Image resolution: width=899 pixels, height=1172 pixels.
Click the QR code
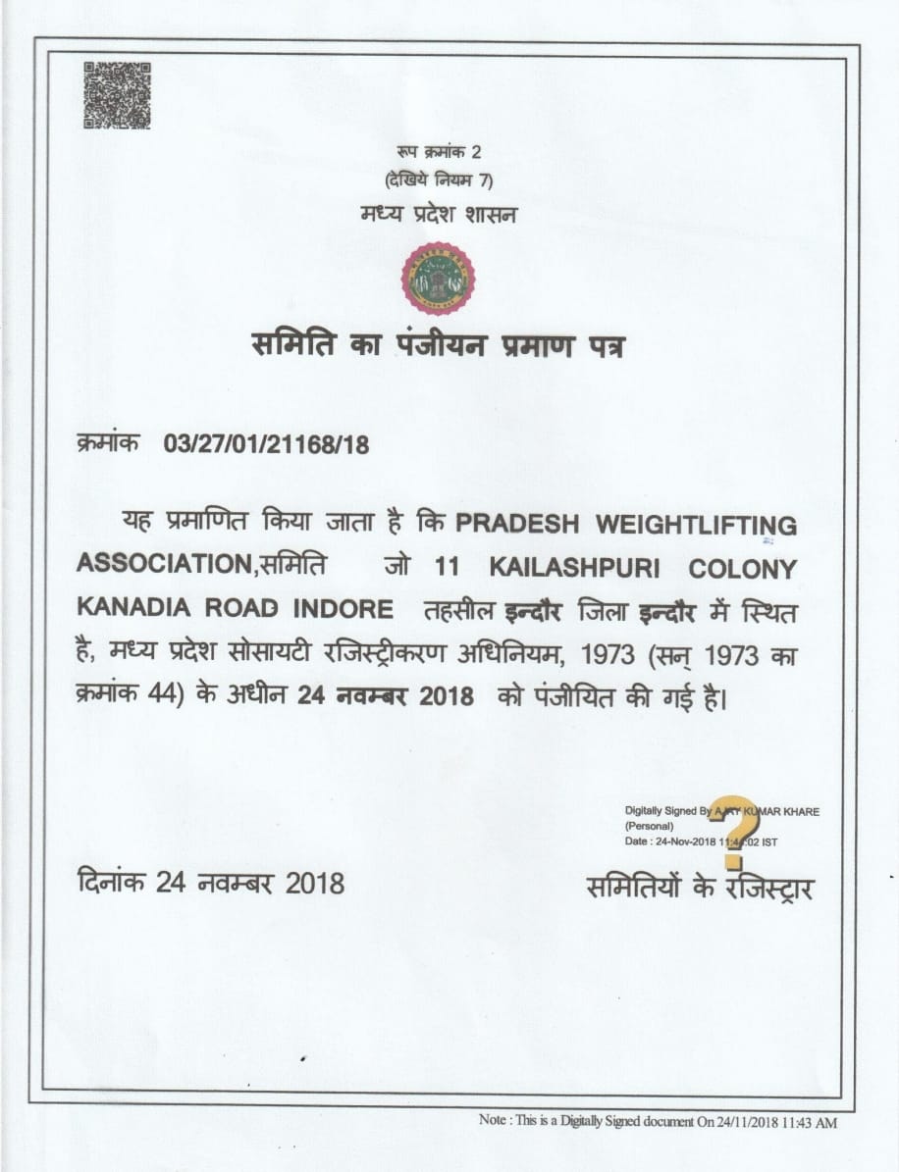click(x=117, y=96)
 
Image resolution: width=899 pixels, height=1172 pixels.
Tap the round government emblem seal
click(x=437, y=279)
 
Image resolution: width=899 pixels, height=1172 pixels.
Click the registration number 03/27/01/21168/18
click(x=266, y=445)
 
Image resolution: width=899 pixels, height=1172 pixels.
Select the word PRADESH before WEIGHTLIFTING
click(x=516, y=524)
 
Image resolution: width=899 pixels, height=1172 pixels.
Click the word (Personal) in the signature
click(x=649, y=827)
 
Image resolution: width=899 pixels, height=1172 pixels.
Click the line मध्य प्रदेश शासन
click(x=437, y=212)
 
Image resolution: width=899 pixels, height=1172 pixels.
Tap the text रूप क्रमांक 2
click(x=439, y=153)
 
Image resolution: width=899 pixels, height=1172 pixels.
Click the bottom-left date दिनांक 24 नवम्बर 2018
click(x=211, y=883)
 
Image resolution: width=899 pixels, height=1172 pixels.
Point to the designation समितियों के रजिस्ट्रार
click(x=699, y=887)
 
